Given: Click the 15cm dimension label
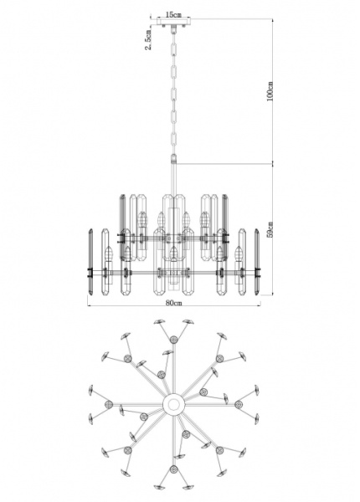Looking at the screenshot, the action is (173, 14).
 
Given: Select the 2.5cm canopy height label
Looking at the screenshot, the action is (148, 39).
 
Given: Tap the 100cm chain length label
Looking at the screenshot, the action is (270, 91).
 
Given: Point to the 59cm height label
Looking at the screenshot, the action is (270, 229).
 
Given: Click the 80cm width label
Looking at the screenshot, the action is (174, 303).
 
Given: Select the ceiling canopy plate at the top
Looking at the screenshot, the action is (173, 22).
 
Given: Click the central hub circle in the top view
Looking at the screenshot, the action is (174, 404).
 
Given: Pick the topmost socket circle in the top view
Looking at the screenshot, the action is (173, 339).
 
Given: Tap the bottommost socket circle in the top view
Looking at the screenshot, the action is (173, 469).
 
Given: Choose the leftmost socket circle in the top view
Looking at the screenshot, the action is (109, 404).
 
